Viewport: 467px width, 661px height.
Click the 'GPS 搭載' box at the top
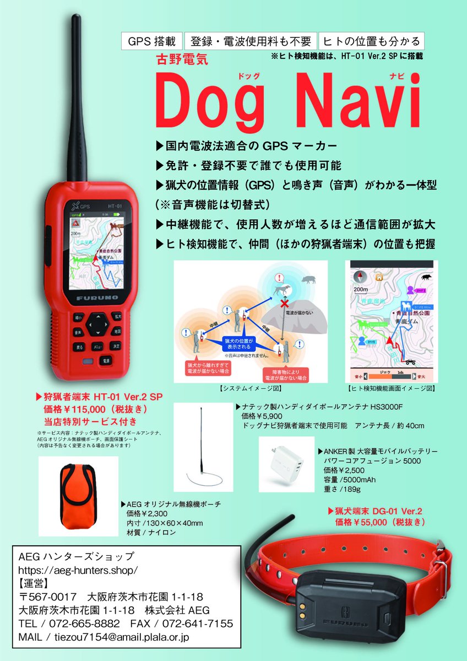point(152,41)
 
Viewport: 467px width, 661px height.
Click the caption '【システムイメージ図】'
point(250,388)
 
